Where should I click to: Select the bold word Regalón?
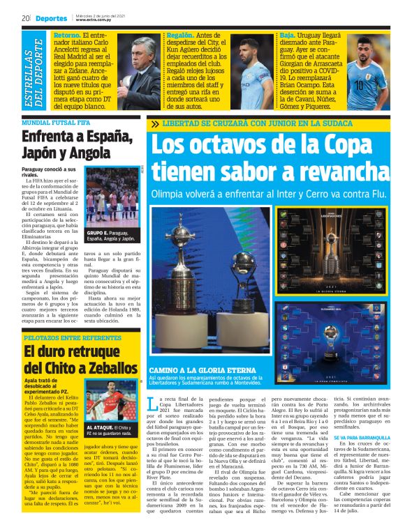click(180, 34)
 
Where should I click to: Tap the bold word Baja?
click(287, 34)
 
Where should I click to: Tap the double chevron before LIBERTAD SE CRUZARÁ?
click(154, 125)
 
